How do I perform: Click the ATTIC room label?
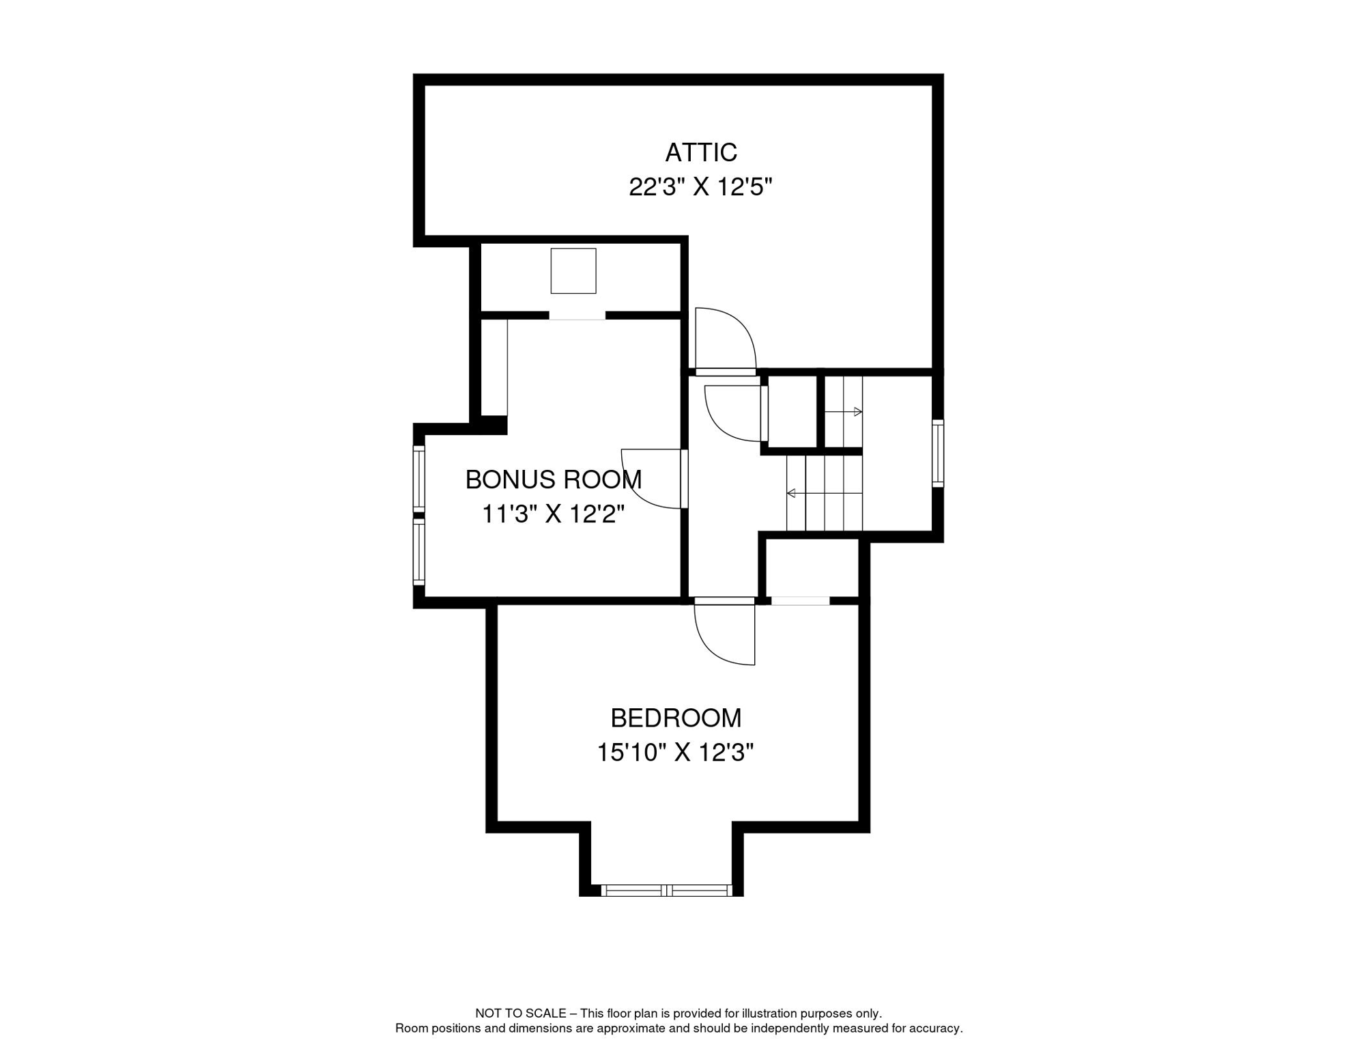point(700,152)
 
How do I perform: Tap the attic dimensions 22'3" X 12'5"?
point(700,186)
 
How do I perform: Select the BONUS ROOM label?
point(553,479)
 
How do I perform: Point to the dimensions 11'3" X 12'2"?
point(553,514)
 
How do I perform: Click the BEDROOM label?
point(675,718)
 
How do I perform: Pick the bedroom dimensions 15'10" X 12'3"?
point(675,753)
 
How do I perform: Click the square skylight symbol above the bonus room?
point(573,271)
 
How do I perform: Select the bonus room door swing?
point(652,479)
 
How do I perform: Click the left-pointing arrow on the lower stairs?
point(792,493)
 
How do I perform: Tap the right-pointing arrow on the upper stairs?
point(857,412)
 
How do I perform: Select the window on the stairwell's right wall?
point(938,453)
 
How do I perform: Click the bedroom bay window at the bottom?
point(666,891)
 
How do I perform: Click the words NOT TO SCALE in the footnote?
point(520,1013)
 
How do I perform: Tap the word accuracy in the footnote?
point(939,1029)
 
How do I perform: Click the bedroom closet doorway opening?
point(800,601)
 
